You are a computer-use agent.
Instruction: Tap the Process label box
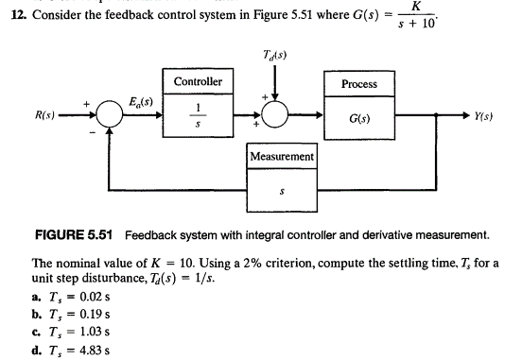358,83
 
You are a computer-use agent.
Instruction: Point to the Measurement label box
282,155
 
